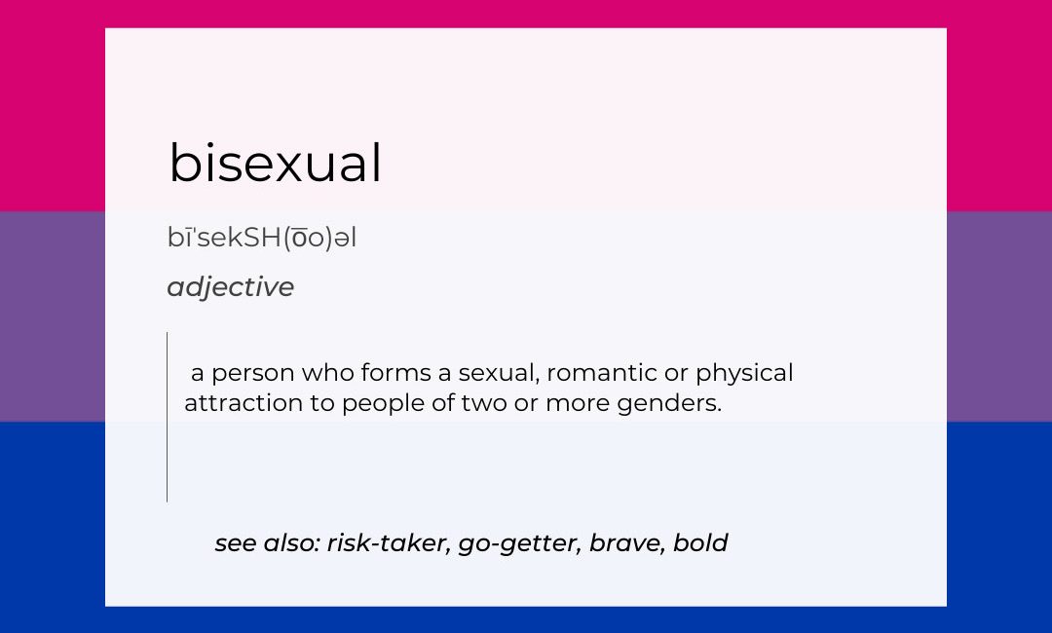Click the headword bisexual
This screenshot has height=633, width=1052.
point(275,163)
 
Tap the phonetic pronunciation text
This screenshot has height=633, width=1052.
point(262,238)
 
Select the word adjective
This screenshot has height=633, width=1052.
point(230,287)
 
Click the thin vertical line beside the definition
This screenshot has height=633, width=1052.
point(168,417)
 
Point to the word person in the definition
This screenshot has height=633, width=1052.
point(253,374)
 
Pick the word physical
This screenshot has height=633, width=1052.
point(744,374)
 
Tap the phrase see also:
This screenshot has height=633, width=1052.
point(267,543)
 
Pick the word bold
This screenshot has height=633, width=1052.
point(700,542)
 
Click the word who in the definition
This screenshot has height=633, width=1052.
point(328,373)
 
